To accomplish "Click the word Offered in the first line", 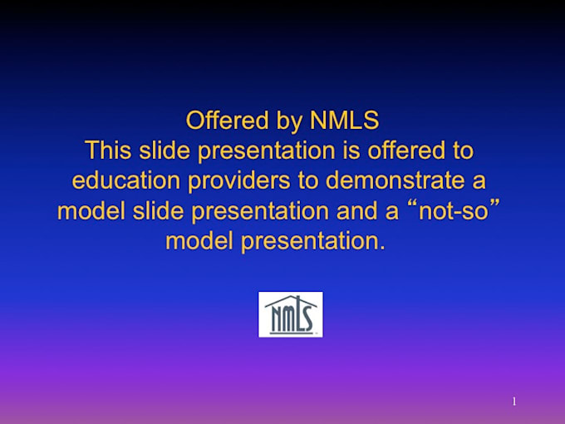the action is [x=228, y=120].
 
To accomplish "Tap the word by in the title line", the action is [x=289, y=122].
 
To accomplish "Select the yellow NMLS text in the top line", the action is [x=345, y=120].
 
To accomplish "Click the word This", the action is [x=108, y=150].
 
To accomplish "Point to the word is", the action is [x=351, y=150].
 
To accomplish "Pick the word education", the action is [x=126, y=180].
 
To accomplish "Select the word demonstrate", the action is [x=395, y=180].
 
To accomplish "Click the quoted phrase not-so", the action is [x=454, y=211].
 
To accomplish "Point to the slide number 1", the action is [x=514, y=402].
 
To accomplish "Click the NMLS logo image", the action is [x=291, y=314].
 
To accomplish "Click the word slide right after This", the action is [x=165, y=150].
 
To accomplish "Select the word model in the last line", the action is [x=199, y=241].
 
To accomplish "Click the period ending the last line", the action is [x=382, y=248].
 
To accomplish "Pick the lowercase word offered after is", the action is [x=406, y=150].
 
